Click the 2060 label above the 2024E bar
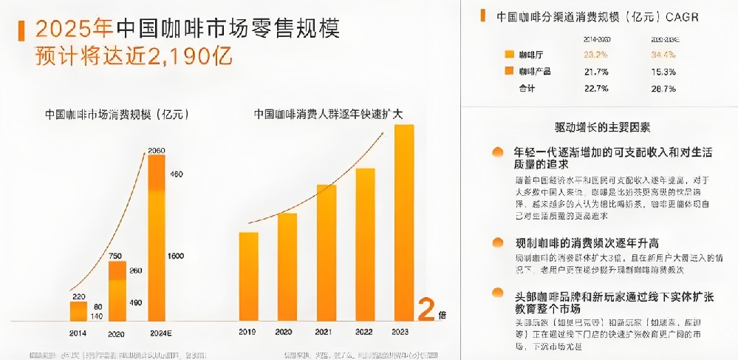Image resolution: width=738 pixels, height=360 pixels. pyautogui.click(x=156, y=151)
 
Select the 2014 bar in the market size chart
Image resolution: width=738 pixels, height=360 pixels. pyautogui.click(x=78, y=311)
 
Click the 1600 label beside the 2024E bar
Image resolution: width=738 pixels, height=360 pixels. pyautogui.click(x=177, y=256)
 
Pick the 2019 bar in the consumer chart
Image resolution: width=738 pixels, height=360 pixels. pyautogui.click(x=248, y=276)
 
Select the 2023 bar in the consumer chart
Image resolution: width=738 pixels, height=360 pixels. pyautogui.click(x=404, y=223)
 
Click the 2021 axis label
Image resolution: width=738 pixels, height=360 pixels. pyautogui.click(x=326, y=333)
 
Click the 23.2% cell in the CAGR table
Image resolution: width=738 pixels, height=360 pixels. pyautogui.click(x=595, y=55)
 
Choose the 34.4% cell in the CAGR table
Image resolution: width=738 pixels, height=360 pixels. pyautogui.click(x=663, y=55)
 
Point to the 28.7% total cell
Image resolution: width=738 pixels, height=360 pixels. pyautogui.click(x=663, y=89)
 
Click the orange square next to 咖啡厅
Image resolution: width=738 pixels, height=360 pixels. pyautogui.click(x=508, y=55)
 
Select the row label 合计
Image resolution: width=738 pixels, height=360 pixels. pyautogui.click(x=527, y=89)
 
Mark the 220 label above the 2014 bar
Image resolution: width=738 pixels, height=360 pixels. pyautogui.click(x=78, y=295)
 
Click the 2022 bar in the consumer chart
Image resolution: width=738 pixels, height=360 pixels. pyautogui.click(x=365, y=245)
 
